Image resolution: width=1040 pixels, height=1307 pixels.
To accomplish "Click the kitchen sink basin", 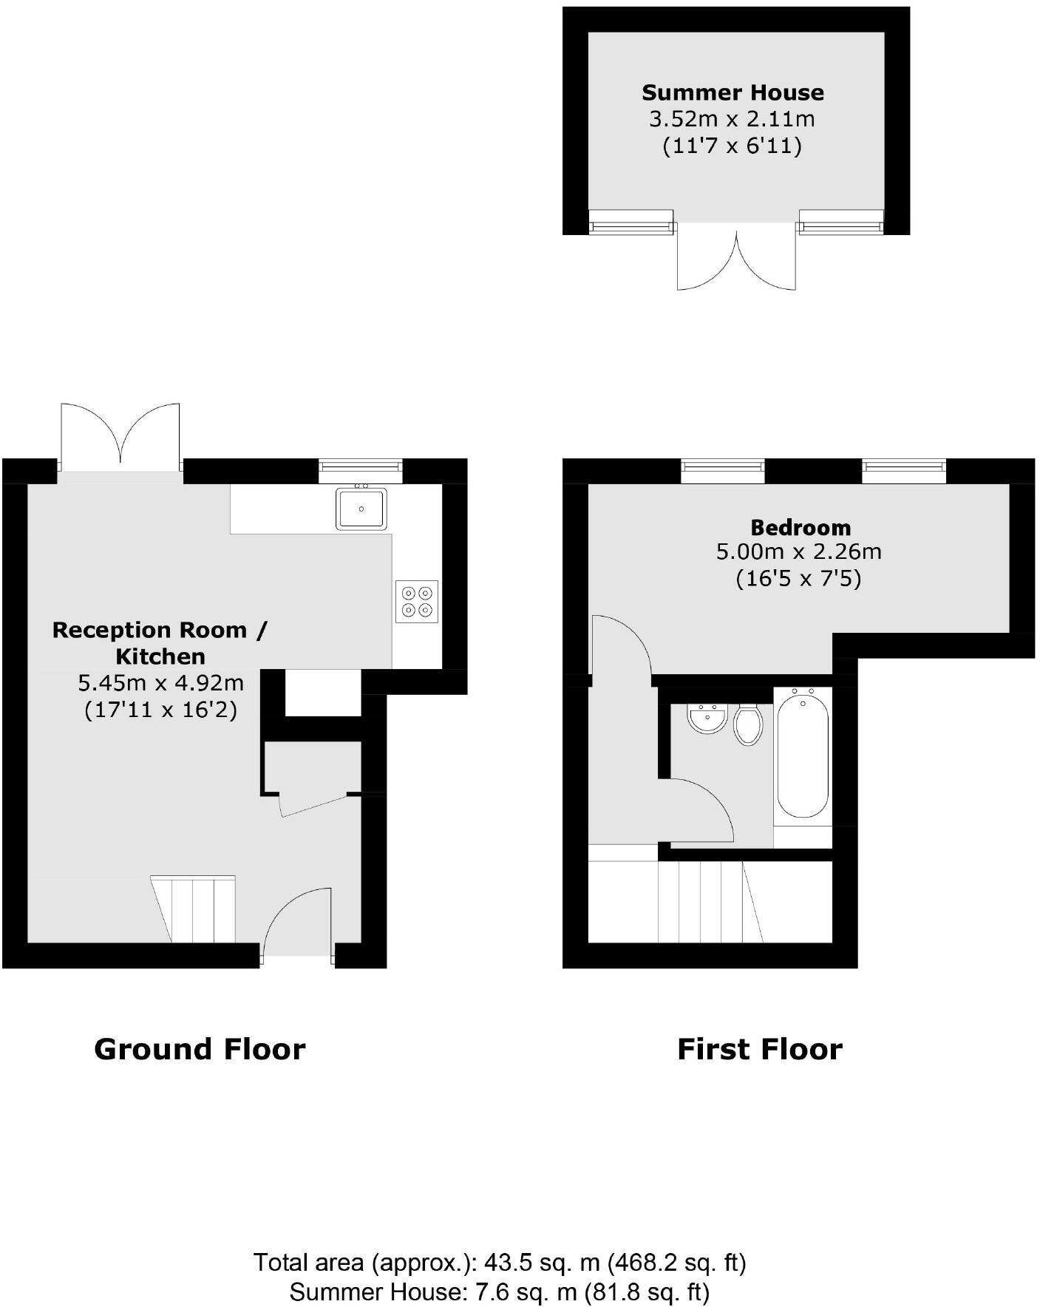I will click(x=361, y=509).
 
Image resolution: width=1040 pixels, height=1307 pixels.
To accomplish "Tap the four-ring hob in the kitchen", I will click(x=416, y=601).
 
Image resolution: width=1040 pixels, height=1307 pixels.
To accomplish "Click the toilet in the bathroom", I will click(x=748, y=725).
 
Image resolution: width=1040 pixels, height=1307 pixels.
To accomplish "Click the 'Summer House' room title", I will click(x=732, y=92).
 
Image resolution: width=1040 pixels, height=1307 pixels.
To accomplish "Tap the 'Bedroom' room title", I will click(x=801, y=527).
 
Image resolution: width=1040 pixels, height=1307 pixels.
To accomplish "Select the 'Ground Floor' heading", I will click(x=200, y=1049).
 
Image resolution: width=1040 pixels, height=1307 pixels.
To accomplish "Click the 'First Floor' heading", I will click(x=759, y=1049).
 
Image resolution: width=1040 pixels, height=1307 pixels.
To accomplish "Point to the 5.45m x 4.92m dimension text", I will click(x=160, y=682).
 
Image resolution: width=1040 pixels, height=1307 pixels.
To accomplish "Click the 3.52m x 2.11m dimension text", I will click(x=732, y=118).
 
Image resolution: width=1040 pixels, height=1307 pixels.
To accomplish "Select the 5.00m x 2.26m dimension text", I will click(x=798, y=551).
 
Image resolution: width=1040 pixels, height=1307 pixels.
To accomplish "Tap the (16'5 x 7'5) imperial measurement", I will click(x=798, y=577).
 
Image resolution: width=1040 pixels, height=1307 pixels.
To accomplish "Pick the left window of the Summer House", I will click(x=631, y=222).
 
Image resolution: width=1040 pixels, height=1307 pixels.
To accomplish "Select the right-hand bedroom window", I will click(x=903, y=469).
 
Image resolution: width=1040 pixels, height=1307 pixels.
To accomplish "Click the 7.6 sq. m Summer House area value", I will click(x=524, y=1291).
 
